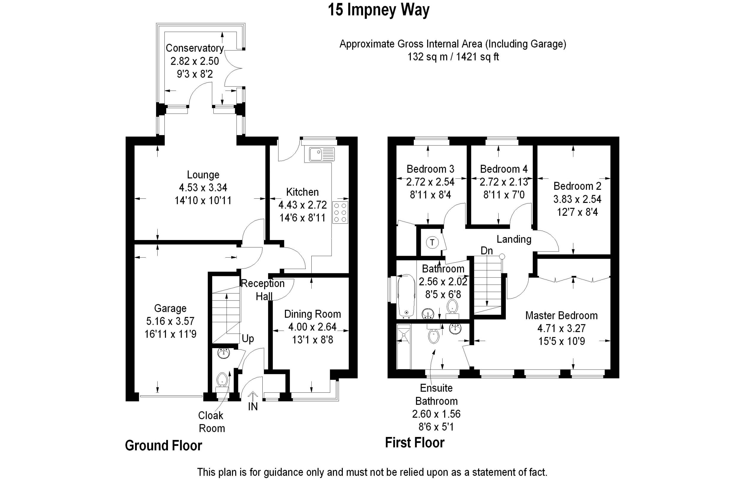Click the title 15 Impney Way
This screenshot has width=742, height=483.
click(x=378, y=10)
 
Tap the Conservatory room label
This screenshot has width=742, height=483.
click(x=194, y=48)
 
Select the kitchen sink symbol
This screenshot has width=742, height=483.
click(x=321, y=154)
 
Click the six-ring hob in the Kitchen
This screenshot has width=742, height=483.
click(x=340, y=212)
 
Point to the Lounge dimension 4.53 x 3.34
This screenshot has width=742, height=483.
click(x=203, y=187)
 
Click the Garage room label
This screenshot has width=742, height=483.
click(x=170, y=308)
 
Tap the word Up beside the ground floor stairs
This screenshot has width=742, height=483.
click(x=248, y=339)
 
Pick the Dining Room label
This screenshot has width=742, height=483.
click(x=313, y=314)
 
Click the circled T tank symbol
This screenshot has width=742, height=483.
click(x=432, y=242)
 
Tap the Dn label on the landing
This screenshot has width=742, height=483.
click(x=487, y=250)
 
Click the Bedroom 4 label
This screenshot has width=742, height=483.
click(x=504, y=169)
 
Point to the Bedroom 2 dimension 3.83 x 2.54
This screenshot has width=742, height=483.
click(x=577, y=199)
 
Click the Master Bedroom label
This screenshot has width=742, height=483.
click(x=562, y=315)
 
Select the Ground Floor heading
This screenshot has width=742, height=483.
click(x=163, y=445)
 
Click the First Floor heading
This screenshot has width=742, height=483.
click(x=415, y=442)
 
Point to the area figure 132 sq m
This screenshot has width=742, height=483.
click(x=427, y=57)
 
